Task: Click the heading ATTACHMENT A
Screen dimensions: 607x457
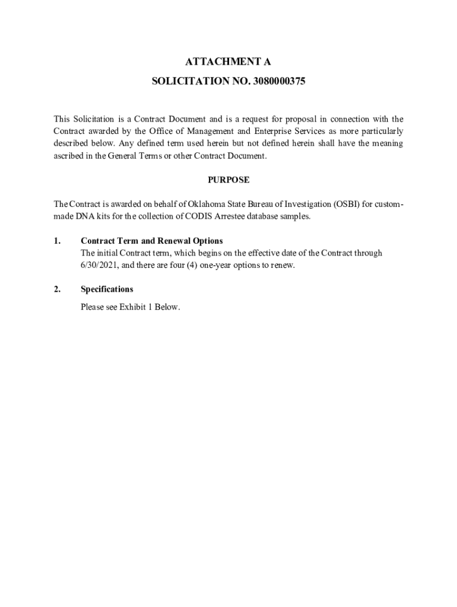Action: click(x=228, y=61)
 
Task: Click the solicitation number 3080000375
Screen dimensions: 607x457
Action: click(x=278, y=81)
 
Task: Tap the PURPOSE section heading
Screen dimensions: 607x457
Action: click(x=228, y=180)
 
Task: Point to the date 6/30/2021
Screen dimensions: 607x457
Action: click(x=100, y=265)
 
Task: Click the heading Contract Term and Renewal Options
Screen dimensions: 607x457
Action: click(x=151, y=241)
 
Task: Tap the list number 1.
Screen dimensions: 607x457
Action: click(x=57, y=241)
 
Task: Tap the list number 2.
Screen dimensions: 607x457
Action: click(x=57, y=289)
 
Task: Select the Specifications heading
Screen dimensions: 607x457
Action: click(x=107, y=289)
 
